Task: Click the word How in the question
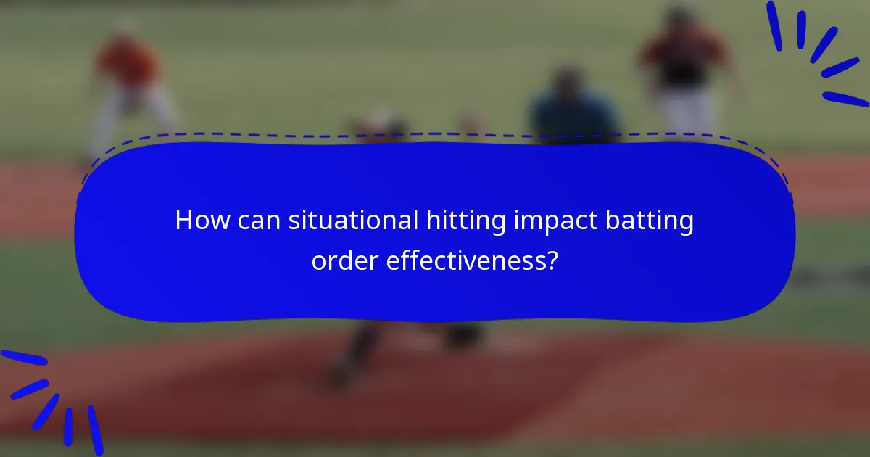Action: click(199, 221)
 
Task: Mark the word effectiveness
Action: click(465, 259)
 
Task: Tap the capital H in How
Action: click(184, 221)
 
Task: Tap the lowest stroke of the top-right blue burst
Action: click(845, 99)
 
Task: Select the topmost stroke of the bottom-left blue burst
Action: click(23, 358)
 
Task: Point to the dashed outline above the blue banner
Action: click(435, 135)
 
